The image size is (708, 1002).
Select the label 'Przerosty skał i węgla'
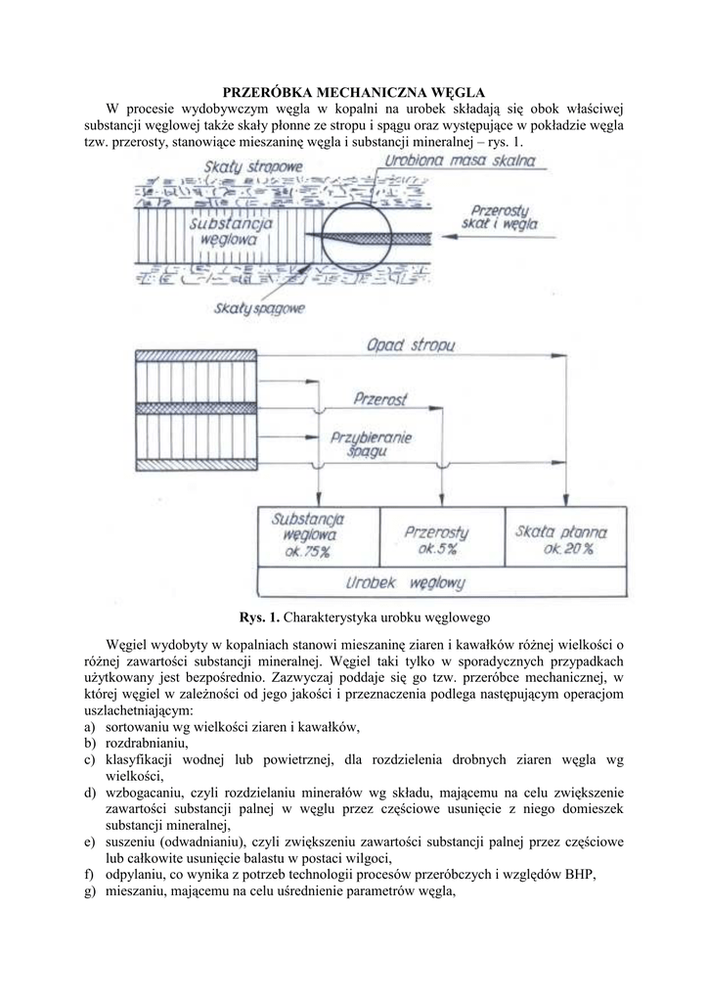tap(500, 217)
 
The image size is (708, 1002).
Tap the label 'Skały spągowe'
tap(258, 309)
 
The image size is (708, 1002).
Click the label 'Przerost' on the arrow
tap(381, 399)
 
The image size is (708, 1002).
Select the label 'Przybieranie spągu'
tap(372, 444)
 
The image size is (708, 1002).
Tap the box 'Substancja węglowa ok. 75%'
tap(317, 536)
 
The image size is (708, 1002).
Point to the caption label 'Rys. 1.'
tap(260, 617)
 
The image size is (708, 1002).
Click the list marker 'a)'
tap(90, 726)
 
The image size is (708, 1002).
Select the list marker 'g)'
tap(90, 892)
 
